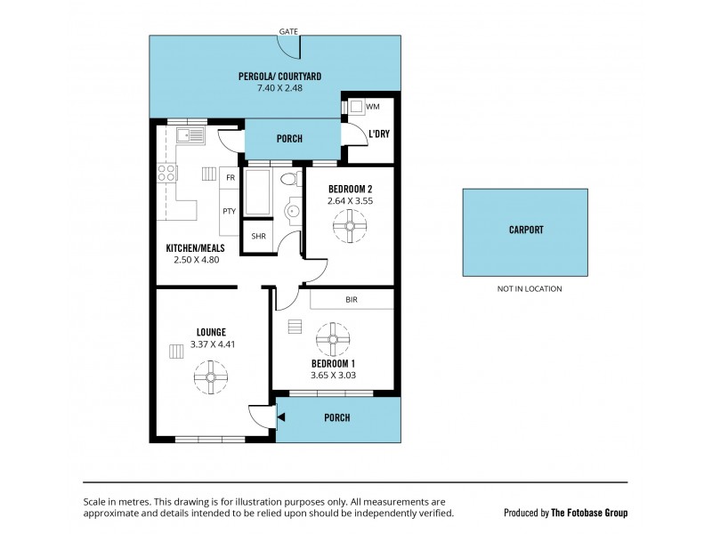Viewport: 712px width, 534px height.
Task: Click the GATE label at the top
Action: click(288, 31)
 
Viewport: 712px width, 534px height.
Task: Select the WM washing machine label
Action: click(372, 107)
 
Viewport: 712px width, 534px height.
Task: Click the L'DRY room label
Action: click(378, 135)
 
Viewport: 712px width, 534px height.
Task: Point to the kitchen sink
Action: click(190, 136)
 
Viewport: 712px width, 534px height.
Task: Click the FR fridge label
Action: click(230, 178)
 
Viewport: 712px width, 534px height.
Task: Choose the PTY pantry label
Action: click(230, 211)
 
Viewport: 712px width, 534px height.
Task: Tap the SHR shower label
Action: click(258, 236)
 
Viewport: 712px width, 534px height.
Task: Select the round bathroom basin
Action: click(293, 212)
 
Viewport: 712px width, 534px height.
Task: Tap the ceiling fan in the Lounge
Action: click(211, 376)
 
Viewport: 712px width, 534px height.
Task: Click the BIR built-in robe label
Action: click(351, 301)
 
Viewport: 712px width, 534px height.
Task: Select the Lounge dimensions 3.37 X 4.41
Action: click(211, 344)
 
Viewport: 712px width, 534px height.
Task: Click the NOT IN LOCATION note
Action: click(530, 288)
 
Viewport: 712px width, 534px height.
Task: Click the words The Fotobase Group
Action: click(589, 513)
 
